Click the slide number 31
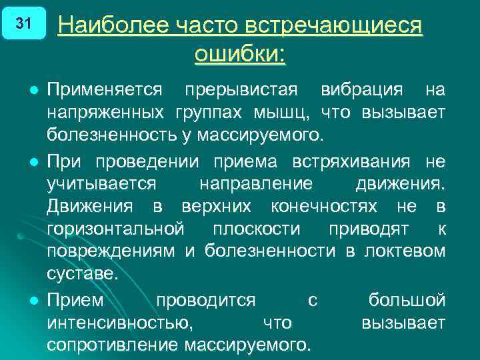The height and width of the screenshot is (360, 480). [23, 24]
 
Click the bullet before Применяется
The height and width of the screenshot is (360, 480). [31, 89]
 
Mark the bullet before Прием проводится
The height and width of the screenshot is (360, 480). [31, 300]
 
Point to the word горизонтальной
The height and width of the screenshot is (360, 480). [115, 229]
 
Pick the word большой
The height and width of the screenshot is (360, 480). [407, 301]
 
